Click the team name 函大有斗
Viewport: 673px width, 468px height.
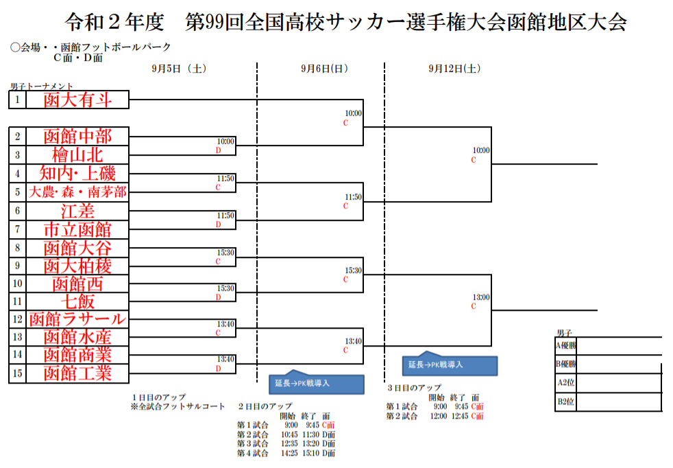77,100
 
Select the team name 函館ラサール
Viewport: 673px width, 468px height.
77,319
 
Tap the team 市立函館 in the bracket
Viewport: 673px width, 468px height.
77,229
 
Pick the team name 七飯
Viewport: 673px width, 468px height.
77,301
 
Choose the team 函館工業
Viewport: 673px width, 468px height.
77,373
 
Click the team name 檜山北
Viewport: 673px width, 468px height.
77,155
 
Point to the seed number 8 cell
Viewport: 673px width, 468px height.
17,247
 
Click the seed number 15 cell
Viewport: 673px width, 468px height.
17,373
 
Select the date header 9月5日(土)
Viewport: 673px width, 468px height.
179,69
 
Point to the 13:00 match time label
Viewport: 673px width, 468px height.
480,297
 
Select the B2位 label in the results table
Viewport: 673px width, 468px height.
566,401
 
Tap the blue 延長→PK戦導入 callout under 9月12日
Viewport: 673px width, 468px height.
450,364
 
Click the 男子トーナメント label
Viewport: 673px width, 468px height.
41,86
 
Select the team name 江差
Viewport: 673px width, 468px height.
77,210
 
